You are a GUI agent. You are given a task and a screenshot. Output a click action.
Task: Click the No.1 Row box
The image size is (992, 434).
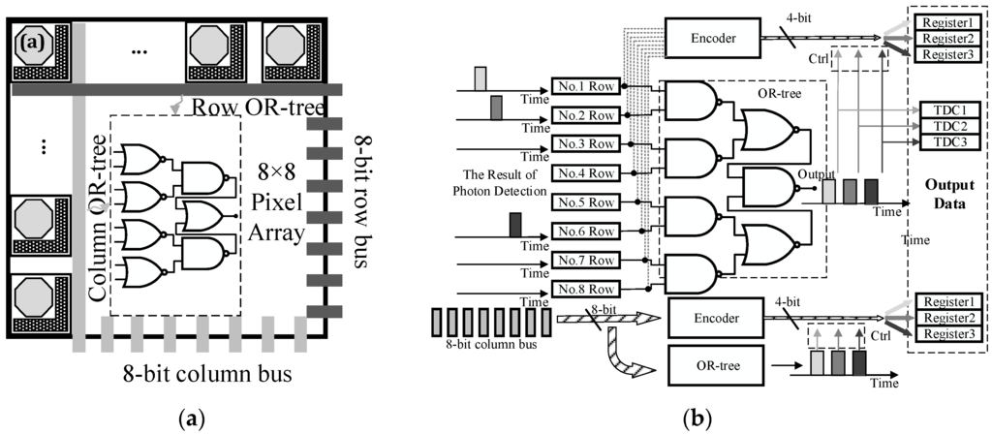(x=584, y=86)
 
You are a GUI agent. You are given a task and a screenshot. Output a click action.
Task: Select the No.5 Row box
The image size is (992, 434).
(x=584, y=202)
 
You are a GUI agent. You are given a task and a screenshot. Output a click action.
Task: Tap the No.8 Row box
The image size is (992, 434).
(x=584, y=290)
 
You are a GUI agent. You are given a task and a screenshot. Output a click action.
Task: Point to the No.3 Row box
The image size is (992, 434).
(x=584, y=144)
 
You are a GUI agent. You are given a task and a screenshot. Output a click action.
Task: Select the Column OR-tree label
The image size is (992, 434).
(x=99, y=218)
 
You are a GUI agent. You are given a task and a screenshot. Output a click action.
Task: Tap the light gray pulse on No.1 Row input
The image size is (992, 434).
(x=480, y=78)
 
